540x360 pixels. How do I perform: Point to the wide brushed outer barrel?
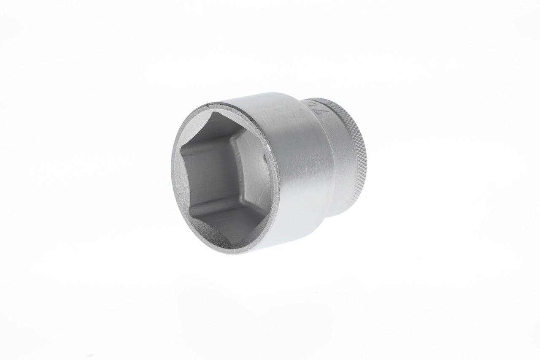[x=295, y=177]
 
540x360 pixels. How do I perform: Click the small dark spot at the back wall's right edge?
[x=265, y=160]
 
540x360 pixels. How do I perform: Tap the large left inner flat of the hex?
[x=202, y=177]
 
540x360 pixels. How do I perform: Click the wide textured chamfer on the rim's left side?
[x=176, y=177]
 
